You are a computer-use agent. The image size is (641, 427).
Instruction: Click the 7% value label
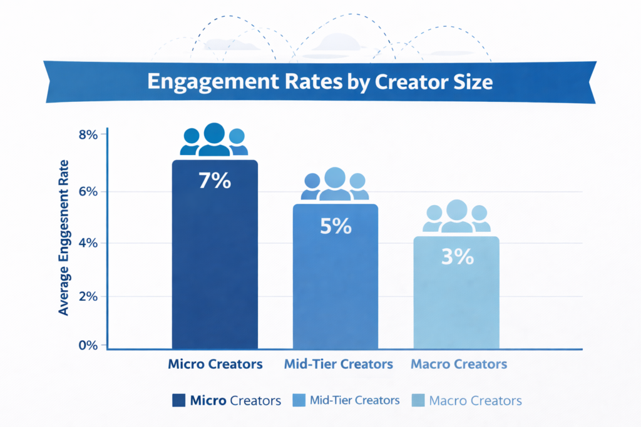(x=214, y=181)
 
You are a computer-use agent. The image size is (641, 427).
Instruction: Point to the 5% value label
(x=336, y=226)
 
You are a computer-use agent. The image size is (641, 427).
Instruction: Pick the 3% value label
(x=457, y=257)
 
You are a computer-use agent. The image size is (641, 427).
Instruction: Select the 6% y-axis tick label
(x=88, y=191)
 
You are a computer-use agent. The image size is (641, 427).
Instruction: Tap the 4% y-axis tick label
(x=88, y=243)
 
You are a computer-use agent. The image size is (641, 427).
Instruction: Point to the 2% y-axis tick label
(x=88, y=296)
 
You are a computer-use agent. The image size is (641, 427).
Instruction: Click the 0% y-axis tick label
(x=88, y=345)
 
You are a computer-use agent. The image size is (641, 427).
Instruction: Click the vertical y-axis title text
(x=64, y=238)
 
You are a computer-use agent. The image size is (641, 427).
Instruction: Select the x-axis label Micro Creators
(x=215, y=364)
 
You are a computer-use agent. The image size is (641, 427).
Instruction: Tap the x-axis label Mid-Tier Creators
(x=338, y=364)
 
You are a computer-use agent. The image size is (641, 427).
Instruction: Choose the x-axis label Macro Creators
(x=459, y=364)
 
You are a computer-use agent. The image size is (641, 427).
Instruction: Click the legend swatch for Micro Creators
(x=178, y=400)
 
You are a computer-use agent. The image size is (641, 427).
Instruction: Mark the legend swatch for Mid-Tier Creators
(x=298, y=400)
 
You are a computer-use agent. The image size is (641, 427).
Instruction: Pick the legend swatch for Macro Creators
(x=417, y=400)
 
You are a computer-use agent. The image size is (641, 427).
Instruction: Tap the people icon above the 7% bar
(x=214, y=140)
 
